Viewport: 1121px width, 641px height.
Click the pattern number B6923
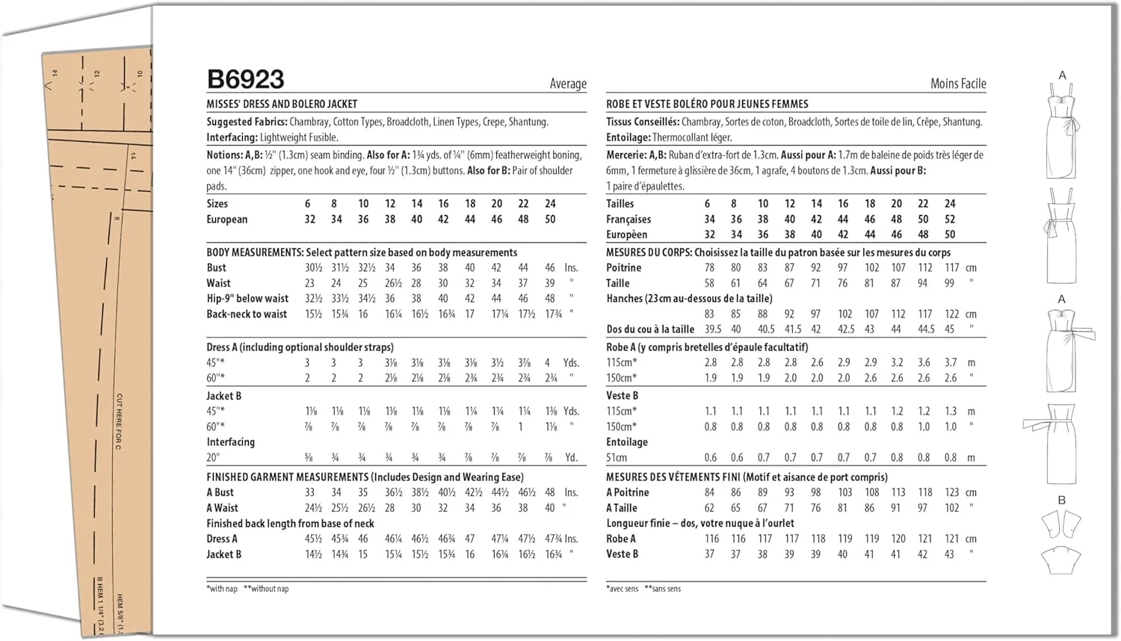245,79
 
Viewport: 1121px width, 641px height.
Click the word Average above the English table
568,84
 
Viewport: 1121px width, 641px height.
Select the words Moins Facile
958,84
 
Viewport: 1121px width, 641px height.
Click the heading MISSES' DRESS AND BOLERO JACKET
282,104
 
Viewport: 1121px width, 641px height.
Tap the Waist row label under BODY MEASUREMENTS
218,283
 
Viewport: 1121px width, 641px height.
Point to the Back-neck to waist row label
247,314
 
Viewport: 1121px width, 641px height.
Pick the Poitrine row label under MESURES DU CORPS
624,267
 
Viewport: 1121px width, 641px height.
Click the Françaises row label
629,219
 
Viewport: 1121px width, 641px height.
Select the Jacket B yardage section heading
223,396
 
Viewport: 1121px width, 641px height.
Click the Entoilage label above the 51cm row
627,442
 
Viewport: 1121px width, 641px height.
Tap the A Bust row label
220,492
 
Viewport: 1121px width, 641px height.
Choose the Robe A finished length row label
621,539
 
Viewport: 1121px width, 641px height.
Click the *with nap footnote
222,589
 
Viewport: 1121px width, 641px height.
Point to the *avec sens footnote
622,589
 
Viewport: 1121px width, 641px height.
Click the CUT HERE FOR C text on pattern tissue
119,421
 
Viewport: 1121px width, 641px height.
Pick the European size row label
226,219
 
